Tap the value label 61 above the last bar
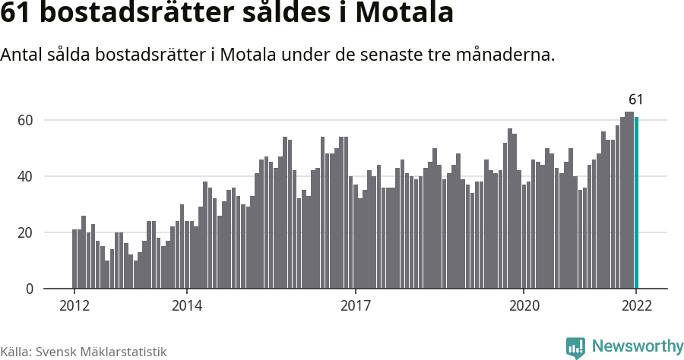tap(635, 99)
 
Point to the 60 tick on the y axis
tap(26, 120)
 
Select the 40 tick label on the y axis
tap(26, 176)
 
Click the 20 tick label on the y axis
tap(26, 232)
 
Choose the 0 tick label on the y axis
tap(30, 289)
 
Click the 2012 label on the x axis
tap(74, 306)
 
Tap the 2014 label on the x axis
tap(186, 306)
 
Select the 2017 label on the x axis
tap(355, 306)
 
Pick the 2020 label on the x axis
tap(524, 306)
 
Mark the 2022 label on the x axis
tap(636, 306)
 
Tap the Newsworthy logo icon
tap(575, 347)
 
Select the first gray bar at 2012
tap(74, 259)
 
